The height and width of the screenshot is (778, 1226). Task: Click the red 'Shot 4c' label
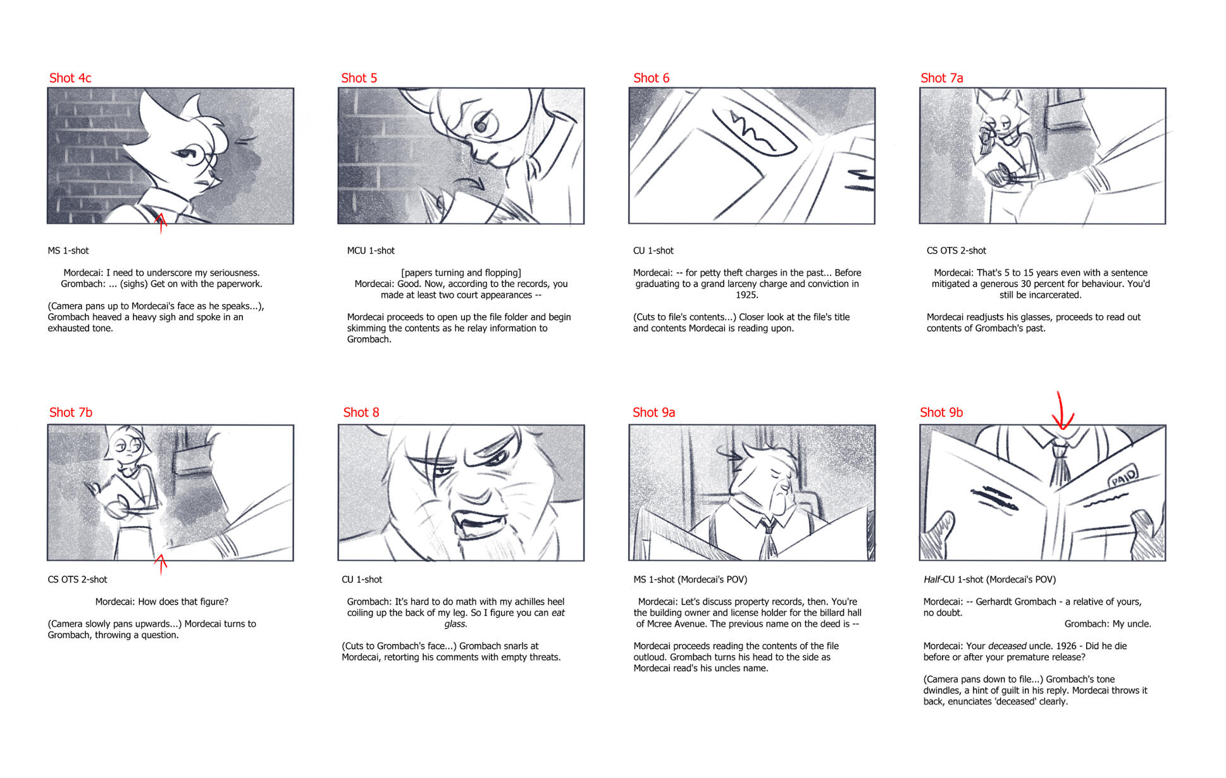(x=70, y=78)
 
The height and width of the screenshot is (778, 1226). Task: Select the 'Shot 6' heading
(x=651, y=78)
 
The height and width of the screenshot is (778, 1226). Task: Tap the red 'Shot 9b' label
(x=941, y=412)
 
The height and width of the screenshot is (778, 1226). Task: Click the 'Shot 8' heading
(x=361, y=412)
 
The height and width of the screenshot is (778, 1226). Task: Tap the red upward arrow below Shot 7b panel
(x=161, y=564)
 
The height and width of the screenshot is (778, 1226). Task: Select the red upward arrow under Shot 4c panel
(x=161, y=223)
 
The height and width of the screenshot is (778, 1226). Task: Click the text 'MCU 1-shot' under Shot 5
(x=371, y=250)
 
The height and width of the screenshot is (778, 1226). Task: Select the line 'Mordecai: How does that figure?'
(x=162, y=602)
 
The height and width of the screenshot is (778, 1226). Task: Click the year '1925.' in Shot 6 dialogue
(x=747, y=295)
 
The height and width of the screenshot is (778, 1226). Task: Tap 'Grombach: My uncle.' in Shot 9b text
(x=1108, y=624)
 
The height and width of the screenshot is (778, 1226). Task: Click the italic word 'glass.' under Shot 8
(x=455, y=624)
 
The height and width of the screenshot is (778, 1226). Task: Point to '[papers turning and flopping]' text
(x=461, y=273)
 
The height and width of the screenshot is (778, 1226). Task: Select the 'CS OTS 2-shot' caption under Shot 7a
(x=957, y=250)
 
